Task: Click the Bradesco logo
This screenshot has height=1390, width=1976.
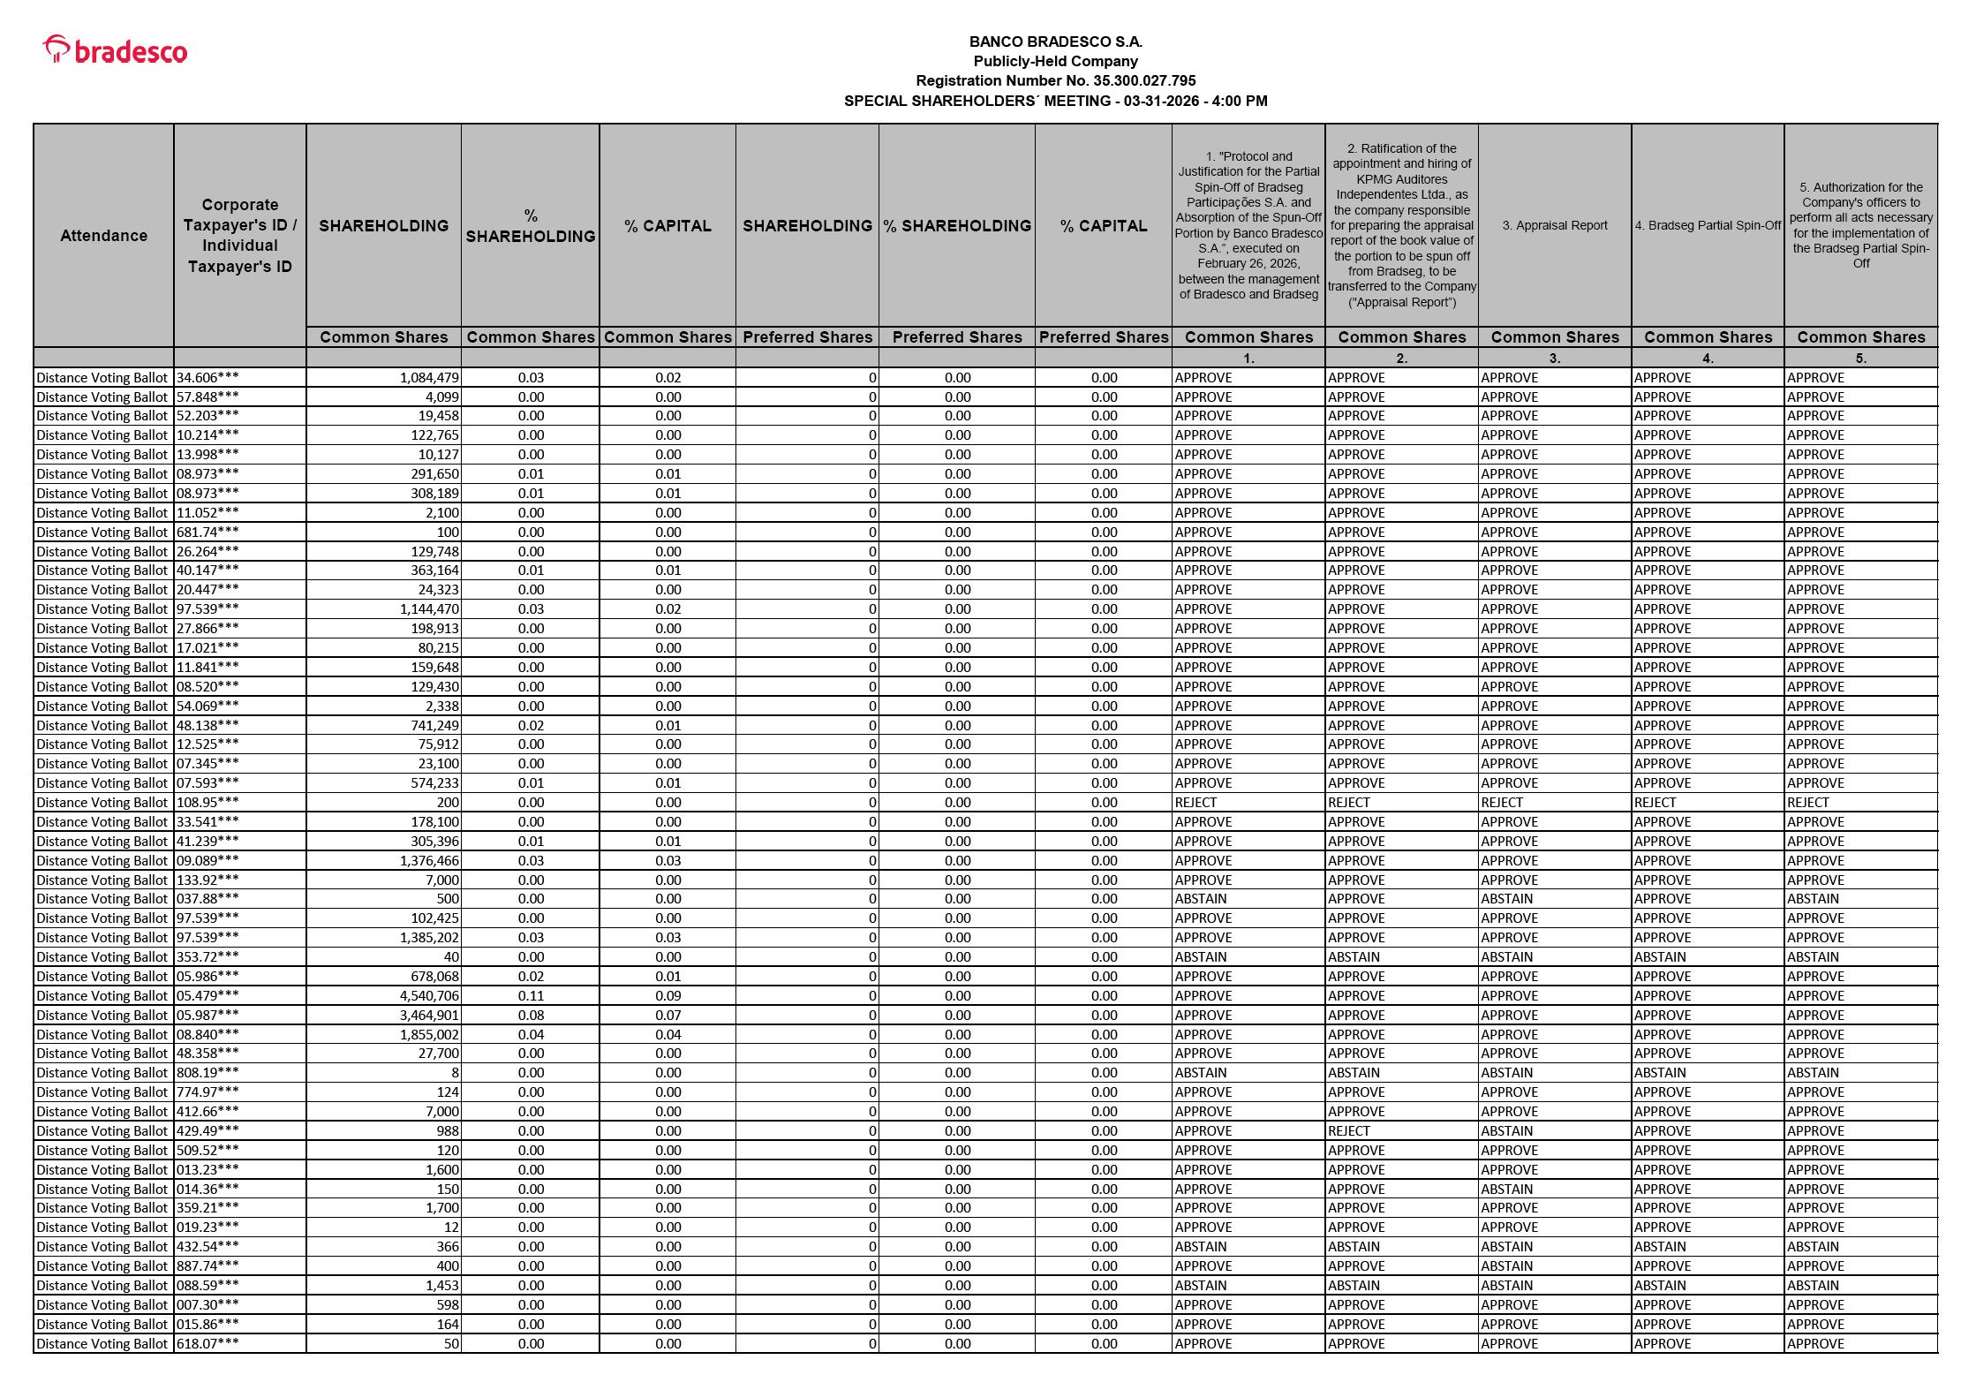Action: click(116, 50)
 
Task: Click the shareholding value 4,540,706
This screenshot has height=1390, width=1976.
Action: click(429, 995)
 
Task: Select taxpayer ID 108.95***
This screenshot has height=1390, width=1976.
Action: click(207, 802)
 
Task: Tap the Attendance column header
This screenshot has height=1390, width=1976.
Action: click(103, 235)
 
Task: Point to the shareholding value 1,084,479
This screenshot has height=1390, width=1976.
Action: click(429, 377)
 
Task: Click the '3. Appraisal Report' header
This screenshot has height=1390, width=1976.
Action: click(1554, 225)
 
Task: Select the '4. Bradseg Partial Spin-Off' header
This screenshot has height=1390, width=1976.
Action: click(1708, 225)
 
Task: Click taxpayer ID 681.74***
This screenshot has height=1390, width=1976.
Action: click(207, 532)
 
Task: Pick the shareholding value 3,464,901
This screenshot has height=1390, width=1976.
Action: click(429, 1015)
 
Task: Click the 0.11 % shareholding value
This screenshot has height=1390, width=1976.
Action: click(531, 995)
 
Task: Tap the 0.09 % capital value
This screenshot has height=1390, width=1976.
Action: click(667, 995)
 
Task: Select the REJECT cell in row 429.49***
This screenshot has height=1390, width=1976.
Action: click(1349, 1130)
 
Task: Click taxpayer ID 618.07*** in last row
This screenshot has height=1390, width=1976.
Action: click(207, 1343)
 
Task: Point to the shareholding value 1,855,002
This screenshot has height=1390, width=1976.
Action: click(429, 1034)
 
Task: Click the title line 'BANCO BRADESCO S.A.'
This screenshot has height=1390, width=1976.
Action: click(1055, 42)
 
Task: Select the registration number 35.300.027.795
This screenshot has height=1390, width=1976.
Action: click(1144, 80)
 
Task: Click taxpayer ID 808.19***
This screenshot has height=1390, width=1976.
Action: click(207, 1072)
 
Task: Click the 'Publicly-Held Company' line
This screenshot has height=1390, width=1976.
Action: click(1055, 61)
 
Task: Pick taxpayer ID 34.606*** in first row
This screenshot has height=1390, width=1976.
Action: click(207, 377)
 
